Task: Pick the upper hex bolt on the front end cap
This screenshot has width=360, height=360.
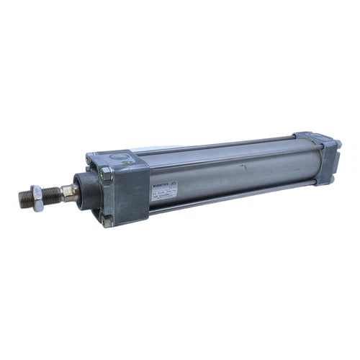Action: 107,173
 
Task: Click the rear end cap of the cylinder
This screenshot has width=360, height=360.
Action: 322,158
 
